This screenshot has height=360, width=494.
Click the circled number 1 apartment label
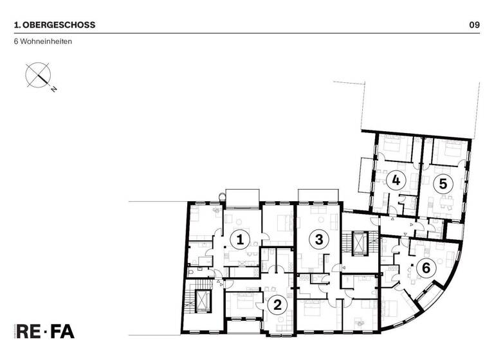[x=240, y=240]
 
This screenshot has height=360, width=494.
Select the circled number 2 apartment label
[x=277, y=305]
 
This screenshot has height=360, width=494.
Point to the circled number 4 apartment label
[x=396, y=181]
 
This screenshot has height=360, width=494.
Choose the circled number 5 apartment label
[x=442, y=183]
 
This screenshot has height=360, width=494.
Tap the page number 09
[x=475, y=25]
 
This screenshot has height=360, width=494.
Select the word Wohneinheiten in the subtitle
[x=46, y=42]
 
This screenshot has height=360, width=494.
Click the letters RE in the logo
[x=32, y=332]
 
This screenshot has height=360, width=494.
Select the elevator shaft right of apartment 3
[x=355, y=243]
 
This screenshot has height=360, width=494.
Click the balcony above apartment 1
[x=243, y=197]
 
